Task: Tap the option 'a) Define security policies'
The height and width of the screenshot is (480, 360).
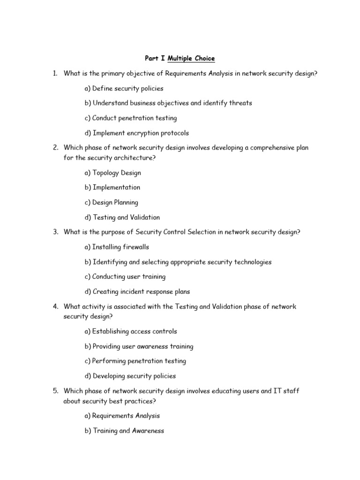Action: pos(124,88)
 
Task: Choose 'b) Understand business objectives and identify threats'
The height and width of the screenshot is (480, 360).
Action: pos(168,103)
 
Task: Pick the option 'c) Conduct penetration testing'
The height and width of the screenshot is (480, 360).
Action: pos(131,118)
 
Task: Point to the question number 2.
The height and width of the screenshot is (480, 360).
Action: pos(55,148)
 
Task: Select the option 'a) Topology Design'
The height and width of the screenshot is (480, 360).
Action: pos(112,172)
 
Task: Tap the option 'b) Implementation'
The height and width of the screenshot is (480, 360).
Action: pos(112,187)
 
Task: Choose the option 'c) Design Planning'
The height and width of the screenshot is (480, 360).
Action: pos(112,202)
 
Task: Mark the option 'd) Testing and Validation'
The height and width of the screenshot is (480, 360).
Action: pos(122,217)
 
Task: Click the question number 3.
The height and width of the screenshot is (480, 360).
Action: pos(55,232)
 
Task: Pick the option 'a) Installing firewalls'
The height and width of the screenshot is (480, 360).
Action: pos(117,247)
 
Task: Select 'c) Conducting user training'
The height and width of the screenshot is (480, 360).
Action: pos(125,277)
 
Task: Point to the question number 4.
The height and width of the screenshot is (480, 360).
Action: pos(55,307)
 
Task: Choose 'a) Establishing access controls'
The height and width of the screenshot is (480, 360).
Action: pos(131,331)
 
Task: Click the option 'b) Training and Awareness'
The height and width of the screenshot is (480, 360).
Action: pos(124,430)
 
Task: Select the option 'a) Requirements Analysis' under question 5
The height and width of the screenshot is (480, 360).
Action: pos(122,415)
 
